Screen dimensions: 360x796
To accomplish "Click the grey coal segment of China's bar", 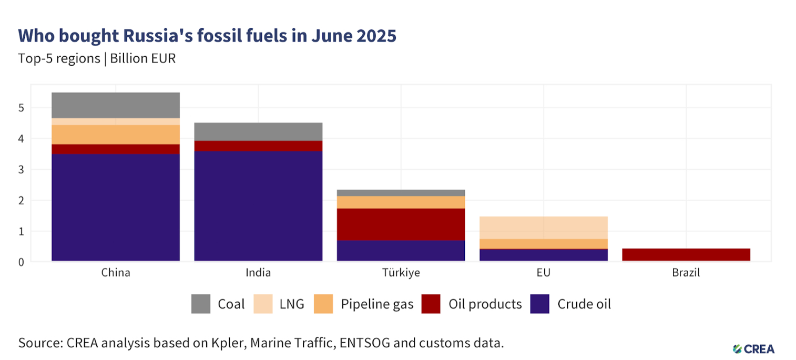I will point(116,105).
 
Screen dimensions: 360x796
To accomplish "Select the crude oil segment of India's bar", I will point(258,205).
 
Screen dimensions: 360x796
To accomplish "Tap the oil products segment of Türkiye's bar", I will point(401,224).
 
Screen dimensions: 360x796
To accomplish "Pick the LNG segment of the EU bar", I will point(544,228).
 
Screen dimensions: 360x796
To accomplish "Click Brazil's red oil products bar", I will point(686,254).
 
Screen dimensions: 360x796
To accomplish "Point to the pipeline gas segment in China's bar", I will point(116,135).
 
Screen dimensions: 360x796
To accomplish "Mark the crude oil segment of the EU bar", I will point(544,255).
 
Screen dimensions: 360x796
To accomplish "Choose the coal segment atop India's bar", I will point(258,131).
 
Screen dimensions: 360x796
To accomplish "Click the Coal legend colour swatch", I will point(200,304).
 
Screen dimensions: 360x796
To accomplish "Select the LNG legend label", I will point(292,304).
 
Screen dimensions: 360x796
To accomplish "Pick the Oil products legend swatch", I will point(431,304).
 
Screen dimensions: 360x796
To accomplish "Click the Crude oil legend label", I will point(584,304).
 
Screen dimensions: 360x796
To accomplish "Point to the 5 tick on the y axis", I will point(21,108).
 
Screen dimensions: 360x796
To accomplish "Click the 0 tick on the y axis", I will point(21,262).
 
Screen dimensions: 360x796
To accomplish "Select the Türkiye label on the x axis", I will point(401,273).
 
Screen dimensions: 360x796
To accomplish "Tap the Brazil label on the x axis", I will point(686,273).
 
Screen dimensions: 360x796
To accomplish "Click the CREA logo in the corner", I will point(753,348).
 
